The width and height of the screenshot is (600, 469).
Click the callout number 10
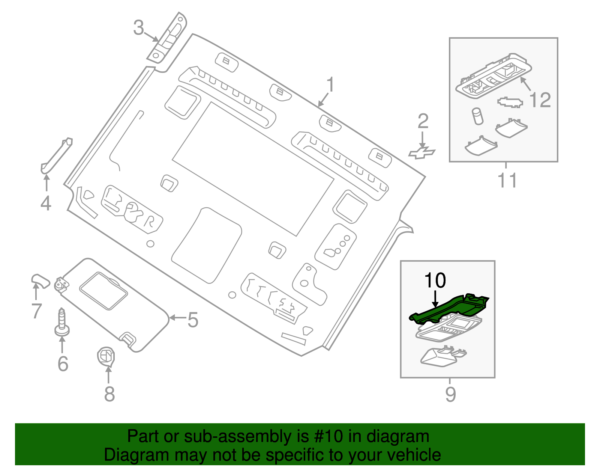tap(435, 280)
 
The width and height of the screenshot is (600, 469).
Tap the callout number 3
tap(139, 28)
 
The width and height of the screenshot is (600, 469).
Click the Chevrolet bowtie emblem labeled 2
tap(422, 153)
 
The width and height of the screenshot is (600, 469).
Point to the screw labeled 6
tap(62, 323)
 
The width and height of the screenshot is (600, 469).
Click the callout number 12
tap(540, 100)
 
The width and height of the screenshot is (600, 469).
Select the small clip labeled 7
tap(40, 280)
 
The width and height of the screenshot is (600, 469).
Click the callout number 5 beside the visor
tap(192, 320)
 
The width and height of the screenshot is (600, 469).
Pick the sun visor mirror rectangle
tap(103, 291)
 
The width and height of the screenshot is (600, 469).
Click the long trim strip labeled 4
tap(56, 155)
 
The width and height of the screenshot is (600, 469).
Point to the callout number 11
tap(507, 180)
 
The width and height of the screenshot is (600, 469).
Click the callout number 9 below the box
tap(450, 394)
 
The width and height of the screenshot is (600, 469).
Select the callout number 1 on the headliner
tap(330, 85)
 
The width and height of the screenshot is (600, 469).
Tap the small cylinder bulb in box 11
tap(477, 116)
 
